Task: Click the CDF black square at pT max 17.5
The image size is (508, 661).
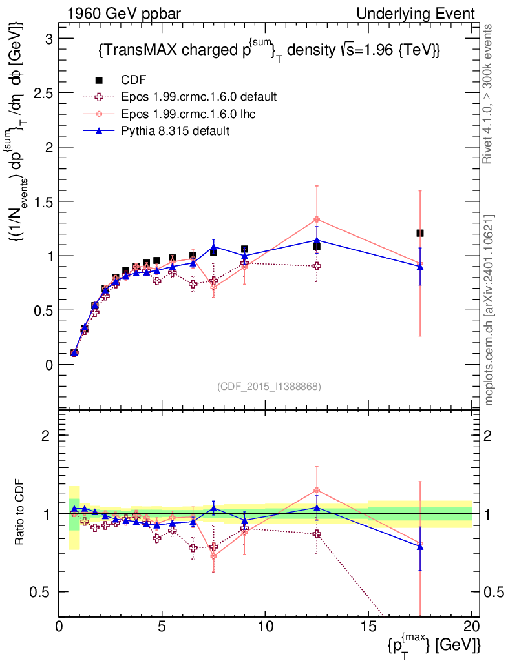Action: click(x=420, y=233)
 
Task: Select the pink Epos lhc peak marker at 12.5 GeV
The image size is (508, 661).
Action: click(x=317, y=219)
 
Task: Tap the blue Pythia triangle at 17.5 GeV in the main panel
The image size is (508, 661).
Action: click(x=420, y=267)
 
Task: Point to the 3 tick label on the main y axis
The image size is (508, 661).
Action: click(x=48, y=38)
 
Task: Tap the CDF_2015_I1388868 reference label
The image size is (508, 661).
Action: click(x=269, y=386)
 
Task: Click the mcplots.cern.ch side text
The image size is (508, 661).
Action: click(x=489, y=310)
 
